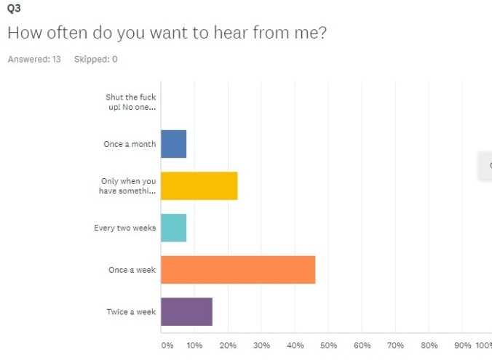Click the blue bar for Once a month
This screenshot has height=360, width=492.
point(173,144)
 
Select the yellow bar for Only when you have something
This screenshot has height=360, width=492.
point(199,186)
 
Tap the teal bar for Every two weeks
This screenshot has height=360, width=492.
point(173,228)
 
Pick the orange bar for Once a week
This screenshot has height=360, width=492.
point(238,270)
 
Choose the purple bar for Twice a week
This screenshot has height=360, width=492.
point(186,312)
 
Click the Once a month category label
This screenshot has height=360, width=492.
point(130,144)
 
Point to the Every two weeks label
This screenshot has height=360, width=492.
point(124,228)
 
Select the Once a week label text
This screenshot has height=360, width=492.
point(132,270)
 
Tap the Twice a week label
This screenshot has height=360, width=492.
point(131,312)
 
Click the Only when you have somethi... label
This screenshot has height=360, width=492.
point(127,186)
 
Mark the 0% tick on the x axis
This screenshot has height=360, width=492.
point(167,345)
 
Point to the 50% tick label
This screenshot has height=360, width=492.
point(328,345)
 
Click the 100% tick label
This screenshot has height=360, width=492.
point(483,345)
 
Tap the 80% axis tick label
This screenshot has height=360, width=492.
point(429,345)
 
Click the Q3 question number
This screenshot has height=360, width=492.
point(13,9)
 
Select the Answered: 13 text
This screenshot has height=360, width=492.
point(34,60)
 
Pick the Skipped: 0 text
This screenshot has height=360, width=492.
point(95,60)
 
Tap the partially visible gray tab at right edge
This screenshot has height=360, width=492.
point(485,166)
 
